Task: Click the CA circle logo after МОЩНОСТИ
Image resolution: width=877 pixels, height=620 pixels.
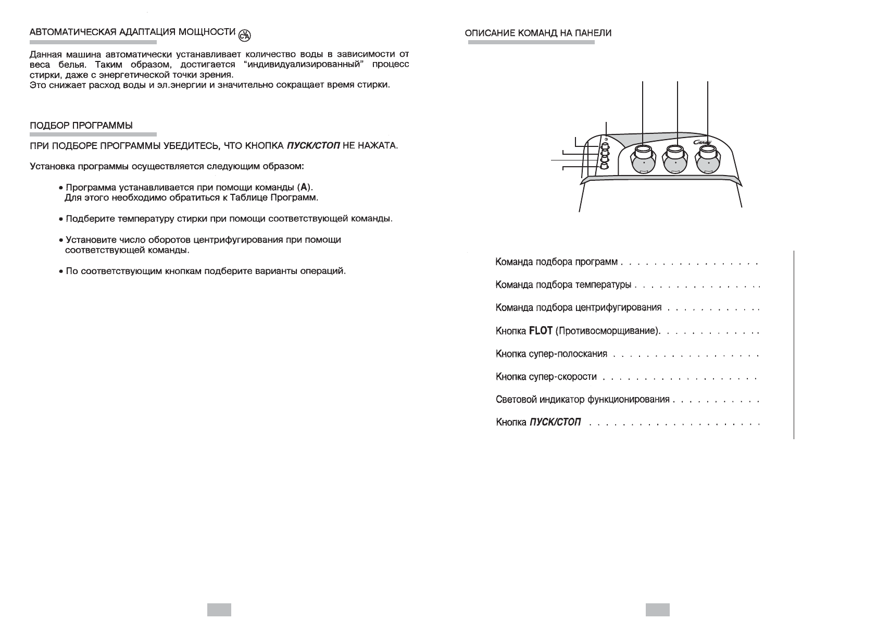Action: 244,35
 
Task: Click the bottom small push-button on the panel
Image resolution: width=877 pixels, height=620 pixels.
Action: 604,166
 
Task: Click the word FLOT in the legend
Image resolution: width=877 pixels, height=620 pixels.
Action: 540,331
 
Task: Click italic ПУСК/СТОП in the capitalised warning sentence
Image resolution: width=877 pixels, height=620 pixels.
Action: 313,145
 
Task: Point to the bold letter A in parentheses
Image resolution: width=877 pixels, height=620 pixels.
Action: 304,187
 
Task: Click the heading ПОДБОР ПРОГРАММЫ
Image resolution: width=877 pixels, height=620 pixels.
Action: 81,126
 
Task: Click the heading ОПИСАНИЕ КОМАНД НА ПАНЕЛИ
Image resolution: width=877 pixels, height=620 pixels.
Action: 538,33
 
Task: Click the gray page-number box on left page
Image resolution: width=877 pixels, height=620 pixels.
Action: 219,610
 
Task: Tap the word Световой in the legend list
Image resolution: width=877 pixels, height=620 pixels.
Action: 512,400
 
